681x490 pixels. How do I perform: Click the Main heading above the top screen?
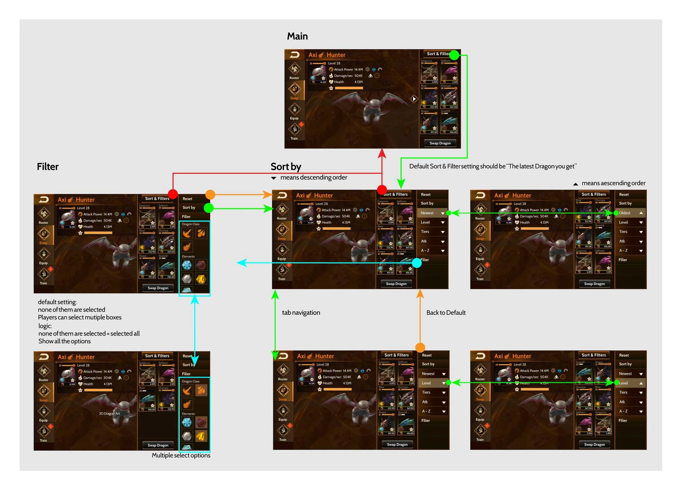click(297, 36)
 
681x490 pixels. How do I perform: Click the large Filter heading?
click(47, 167)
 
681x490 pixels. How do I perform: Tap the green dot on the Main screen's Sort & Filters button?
click(454, 55)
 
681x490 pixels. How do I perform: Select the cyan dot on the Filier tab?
click(416, 263)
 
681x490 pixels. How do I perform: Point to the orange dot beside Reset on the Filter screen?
click(210, 194)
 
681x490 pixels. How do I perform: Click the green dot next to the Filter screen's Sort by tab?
click(209, 208)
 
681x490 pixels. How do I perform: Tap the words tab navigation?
click(301, 313)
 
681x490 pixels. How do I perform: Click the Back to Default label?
click(446, 313)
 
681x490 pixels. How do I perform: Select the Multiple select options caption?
click(181, 455)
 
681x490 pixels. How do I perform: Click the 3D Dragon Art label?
click(109, 414)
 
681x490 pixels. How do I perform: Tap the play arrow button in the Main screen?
click(414, 99)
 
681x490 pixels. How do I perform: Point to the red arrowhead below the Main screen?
click(382, 153)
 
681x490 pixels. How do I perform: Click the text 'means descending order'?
click(314, 177)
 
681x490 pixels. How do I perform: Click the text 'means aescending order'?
click(613, 183)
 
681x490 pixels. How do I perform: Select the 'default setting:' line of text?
click(57, 302)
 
